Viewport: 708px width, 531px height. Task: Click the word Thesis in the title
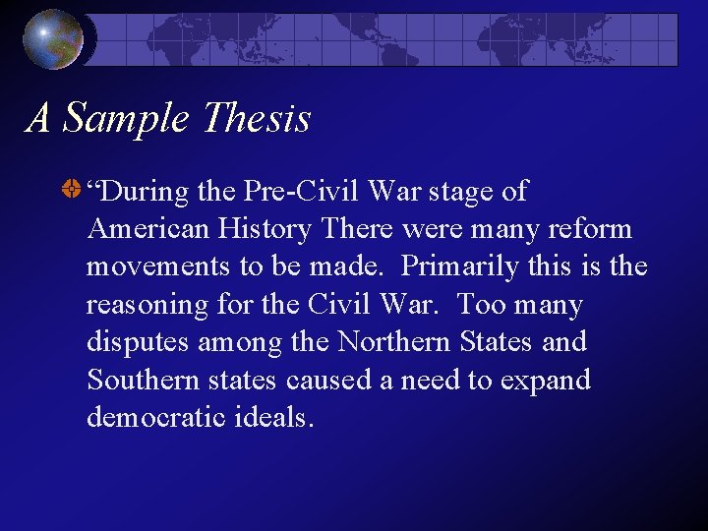point(255,119)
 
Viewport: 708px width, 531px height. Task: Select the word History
point(263,229)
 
